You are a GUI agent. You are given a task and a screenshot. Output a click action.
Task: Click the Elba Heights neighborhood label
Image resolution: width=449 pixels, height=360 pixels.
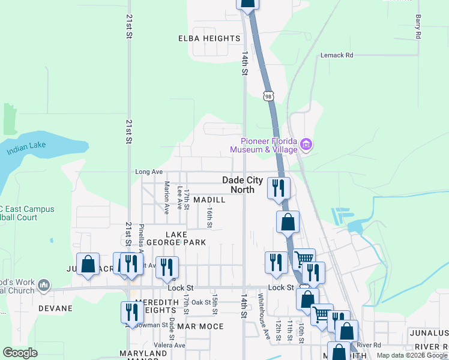(x=209, y=38)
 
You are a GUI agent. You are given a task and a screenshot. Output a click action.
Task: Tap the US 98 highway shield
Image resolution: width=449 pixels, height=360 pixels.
(x=268, y=95)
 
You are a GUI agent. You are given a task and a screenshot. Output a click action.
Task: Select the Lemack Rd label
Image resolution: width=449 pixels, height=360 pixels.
(x=337, y=55)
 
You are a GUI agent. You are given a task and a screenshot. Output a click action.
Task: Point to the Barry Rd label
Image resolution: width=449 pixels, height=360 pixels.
(x=418, y=28)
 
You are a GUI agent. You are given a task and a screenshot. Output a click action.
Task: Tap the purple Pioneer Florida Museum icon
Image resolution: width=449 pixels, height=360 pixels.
(x=307, y=144)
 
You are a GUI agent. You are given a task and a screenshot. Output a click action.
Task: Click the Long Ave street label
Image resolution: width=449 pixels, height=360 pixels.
(x=149, y=172)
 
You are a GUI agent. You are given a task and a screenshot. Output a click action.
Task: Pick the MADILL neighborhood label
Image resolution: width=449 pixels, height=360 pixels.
(x=209, y=199)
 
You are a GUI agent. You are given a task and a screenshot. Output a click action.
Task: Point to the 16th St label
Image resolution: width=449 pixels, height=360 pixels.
(x=209, y=218)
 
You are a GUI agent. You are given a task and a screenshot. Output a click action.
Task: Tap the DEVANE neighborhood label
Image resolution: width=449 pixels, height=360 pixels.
(x=55, y=308)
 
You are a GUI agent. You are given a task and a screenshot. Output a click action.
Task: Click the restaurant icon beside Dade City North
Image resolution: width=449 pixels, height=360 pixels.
(x=279, y=188)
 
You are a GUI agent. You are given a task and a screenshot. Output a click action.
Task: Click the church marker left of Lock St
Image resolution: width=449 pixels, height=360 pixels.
(x=43, y=286)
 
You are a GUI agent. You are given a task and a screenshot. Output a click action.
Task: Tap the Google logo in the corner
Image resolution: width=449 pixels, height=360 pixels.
(x=20, y=353)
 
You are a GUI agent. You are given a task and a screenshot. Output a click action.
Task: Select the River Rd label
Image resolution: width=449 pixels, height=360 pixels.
(x=369, y=345)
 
